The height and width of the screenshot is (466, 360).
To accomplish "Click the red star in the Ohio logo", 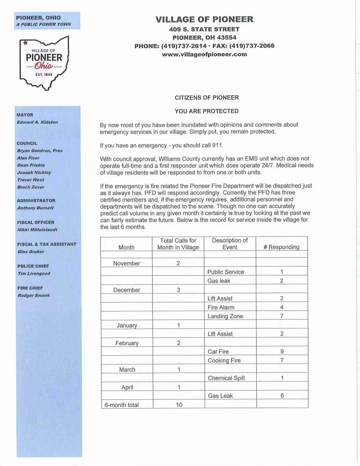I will click(x=25, y=43).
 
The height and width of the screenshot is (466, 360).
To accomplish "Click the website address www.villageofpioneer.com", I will click(x=204, y=54).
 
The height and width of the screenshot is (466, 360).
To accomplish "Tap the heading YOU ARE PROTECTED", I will click(x=206, y=111).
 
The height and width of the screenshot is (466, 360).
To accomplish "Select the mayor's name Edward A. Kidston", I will click(x=37, y=122).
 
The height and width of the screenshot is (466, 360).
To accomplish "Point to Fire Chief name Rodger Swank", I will click(x=34, y=295).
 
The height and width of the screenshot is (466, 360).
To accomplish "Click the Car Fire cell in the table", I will click(x=218, y=352).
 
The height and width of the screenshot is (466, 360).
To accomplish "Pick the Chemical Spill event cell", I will click(x=226, y=378).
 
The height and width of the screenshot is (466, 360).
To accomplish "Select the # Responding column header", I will click(x=281, y=247).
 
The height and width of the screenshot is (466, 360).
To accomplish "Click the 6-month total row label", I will click(x=121, y=405).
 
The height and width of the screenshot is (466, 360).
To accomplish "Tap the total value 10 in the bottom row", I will click(x=179, y=405).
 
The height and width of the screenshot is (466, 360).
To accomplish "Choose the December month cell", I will click(x=127, y=290).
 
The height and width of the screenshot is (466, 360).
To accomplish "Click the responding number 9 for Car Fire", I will click(x=281, y=352).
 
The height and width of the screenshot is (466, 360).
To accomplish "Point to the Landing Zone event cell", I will click(x=225, y=316).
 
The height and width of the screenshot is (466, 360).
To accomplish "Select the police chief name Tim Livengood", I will click(x=34, y=274).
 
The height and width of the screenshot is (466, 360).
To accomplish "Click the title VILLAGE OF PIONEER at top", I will click(x=204, y=19).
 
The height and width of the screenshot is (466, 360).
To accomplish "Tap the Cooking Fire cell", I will click(x=224, y=361).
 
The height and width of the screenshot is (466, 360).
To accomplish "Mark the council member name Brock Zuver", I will click(x=30, y=188).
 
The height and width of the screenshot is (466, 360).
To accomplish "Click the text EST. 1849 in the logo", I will click(x=44, y=75).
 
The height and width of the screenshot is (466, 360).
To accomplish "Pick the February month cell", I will click(x=127, y=343).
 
